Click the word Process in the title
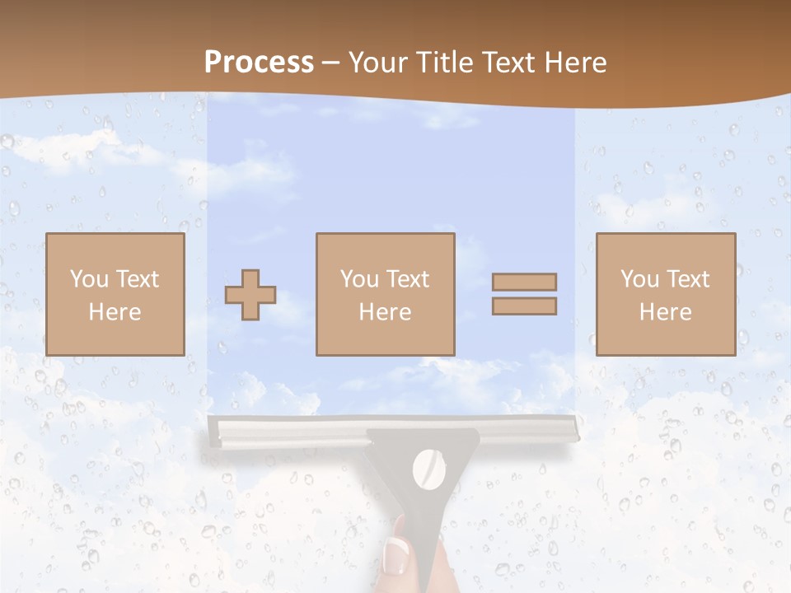point(259,63)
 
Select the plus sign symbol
point(250,294)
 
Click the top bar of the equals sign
point(524,282)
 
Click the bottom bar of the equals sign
point(524,306)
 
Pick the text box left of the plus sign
point(115,294)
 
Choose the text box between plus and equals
point(385,294)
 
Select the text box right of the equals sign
point(665,294)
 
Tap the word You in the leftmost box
point(89,279)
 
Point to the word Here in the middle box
point(385,312)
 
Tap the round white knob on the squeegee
point(428,469)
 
